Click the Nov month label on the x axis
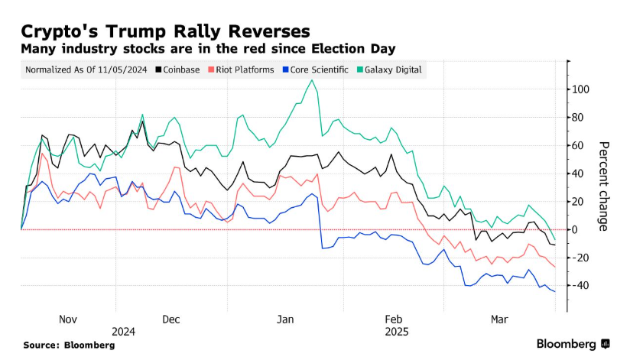coord(68,319)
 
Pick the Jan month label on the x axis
coord(284,319)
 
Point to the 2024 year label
coord(123,332)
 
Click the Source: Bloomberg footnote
coord(69,345)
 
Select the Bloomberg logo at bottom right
coord(573,344)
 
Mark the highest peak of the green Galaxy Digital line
coord(310,80)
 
